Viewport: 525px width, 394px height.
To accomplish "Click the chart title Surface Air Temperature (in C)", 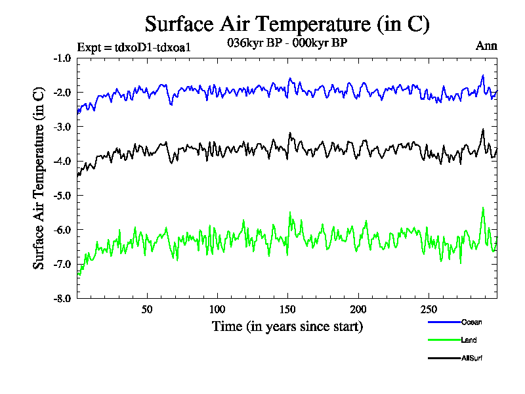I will [287, 24].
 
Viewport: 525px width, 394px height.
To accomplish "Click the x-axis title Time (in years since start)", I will [287, 326].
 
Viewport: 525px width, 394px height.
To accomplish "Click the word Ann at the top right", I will [486, 46].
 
